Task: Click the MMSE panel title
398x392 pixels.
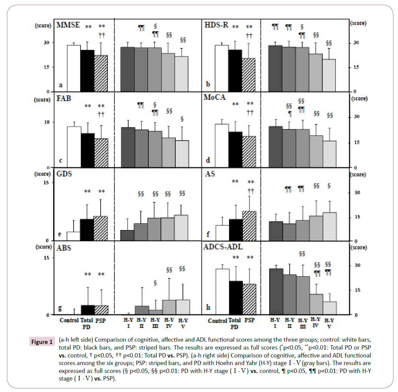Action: click(68, 25)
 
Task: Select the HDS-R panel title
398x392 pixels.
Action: click(216, 25)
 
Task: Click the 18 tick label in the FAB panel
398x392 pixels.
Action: click(47, 122)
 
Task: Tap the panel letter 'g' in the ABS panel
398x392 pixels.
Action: click(60, 308)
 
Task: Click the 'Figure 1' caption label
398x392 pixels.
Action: click(42, 342)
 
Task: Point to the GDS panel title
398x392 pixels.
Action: click(64, 174)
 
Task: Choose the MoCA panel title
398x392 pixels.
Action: click(214, 97)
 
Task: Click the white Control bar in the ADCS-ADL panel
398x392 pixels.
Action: click(222, 292)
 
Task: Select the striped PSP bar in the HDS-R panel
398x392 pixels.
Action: click(248, 75)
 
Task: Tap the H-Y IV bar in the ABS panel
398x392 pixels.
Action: click(169, 307)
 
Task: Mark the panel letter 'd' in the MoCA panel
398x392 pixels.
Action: click(208, 160)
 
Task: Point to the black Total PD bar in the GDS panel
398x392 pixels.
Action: click(87, 230)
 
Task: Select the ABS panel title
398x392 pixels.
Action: click(63, 248)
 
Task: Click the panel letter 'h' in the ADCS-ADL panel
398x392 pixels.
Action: click(208, 307)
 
